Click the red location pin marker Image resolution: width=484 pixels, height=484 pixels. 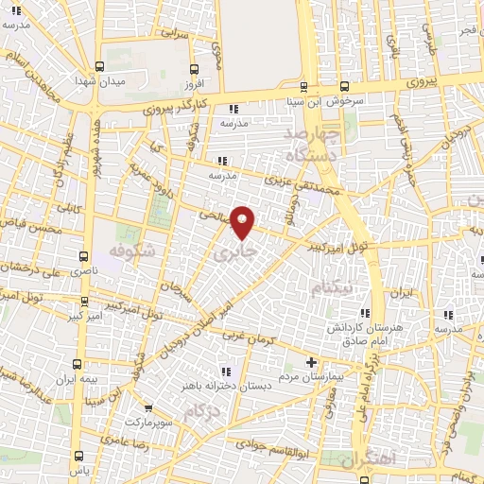pyautogui.click(x=243, y=221)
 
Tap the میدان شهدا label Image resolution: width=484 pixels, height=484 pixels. pyautogui.click(x=126, y=82)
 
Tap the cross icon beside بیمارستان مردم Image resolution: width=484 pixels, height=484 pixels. pyautogui.click(x=312, y=362)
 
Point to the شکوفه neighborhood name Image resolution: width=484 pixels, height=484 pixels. pyautogui.click(x=131, y=255)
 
